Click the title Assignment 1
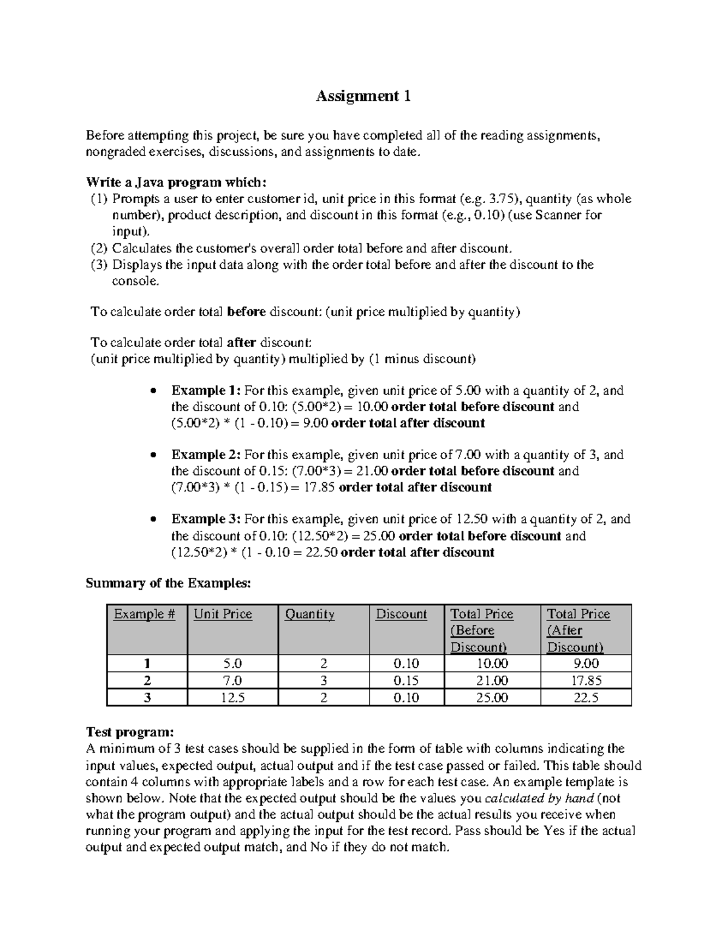point(363,96)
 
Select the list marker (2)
point(98,248)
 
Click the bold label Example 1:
point(206,391)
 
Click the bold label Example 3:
point(206,519)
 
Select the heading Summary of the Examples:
point(168,584)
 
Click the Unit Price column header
point(223,614)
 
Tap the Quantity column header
point(309,614)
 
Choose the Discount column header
point(401,614)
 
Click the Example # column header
point(144,614)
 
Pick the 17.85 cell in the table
point(586,681)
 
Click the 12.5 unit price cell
point(233,698)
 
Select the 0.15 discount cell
point(406,681)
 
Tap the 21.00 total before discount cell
point(492,681)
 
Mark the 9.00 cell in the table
point(586,664)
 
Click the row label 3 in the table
point(147,698)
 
